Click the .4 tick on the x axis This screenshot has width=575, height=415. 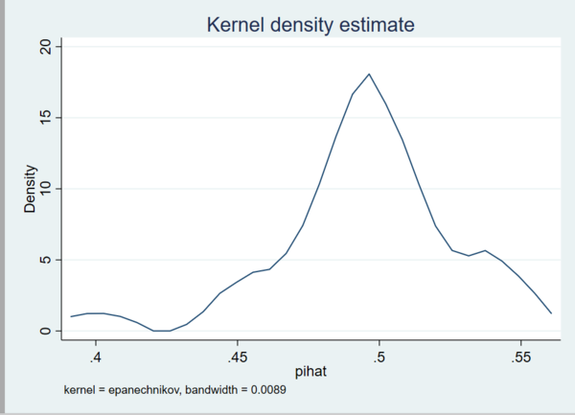pyautogui.click(x=96, y=357)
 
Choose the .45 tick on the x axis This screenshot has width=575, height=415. pyautogui.click(x=238, y=357)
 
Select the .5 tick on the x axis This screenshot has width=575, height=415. pyautogui.click(x=379, y=357)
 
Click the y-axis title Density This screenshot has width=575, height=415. pyautogui.click(x=31, y=189)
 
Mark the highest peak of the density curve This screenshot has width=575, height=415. pyautogui.click(x=369, y=74)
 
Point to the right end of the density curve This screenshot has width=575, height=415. pyautogui.click(x=551, y=313)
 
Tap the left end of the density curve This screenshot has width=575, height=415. pyautogui.click(x=71, y=316)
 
